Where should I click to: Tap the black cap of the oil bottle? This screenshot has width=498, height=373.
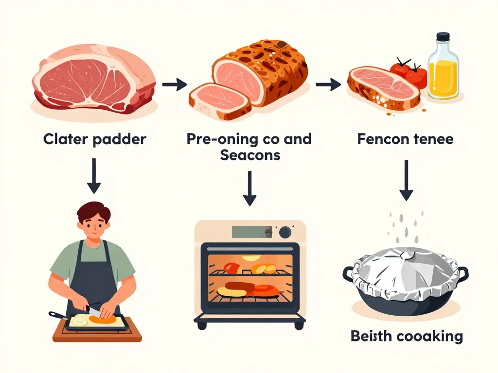point(443,37)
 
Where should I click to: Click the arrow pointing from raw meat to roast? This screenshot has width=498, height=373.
point(175,85)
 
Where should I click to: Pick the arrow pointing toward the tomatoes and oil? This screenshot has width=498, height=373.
point(328,85)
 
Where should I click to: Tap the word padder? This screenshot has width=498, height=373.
point(120,140)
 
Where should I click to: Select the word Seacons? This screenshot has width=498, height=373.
point(249,155)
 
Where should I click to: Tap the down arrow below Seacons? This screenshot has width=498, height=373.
point(249,188)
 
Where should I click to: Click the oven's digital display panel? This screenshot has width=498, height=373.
point(250,232)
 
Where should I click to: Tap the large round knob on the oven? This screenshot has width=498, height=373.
point(285,232)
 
